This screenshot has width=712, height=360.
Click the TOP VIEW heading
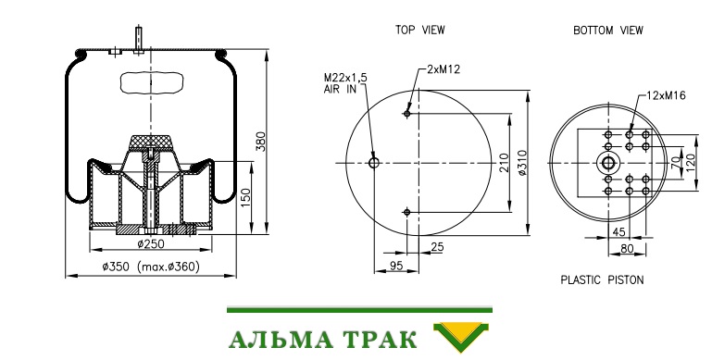(419, 30)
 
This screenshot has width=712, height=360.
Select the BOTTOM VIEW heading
(608, 31)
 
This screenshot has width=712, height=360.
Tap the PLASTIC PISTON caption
(602, 279)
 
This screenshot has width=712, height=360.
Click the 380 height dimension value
(260, 142)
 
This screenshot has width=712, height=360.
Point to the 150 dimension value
(245, 198)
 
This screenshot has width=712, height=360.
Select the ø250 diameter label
(151, 243)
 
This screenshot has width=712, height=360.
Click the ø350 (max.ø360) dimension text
(151, 267)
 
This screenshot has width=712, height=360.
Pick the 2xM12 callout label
(443, 69)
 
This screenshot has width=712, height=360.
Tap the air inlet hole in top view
(374, 163)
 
